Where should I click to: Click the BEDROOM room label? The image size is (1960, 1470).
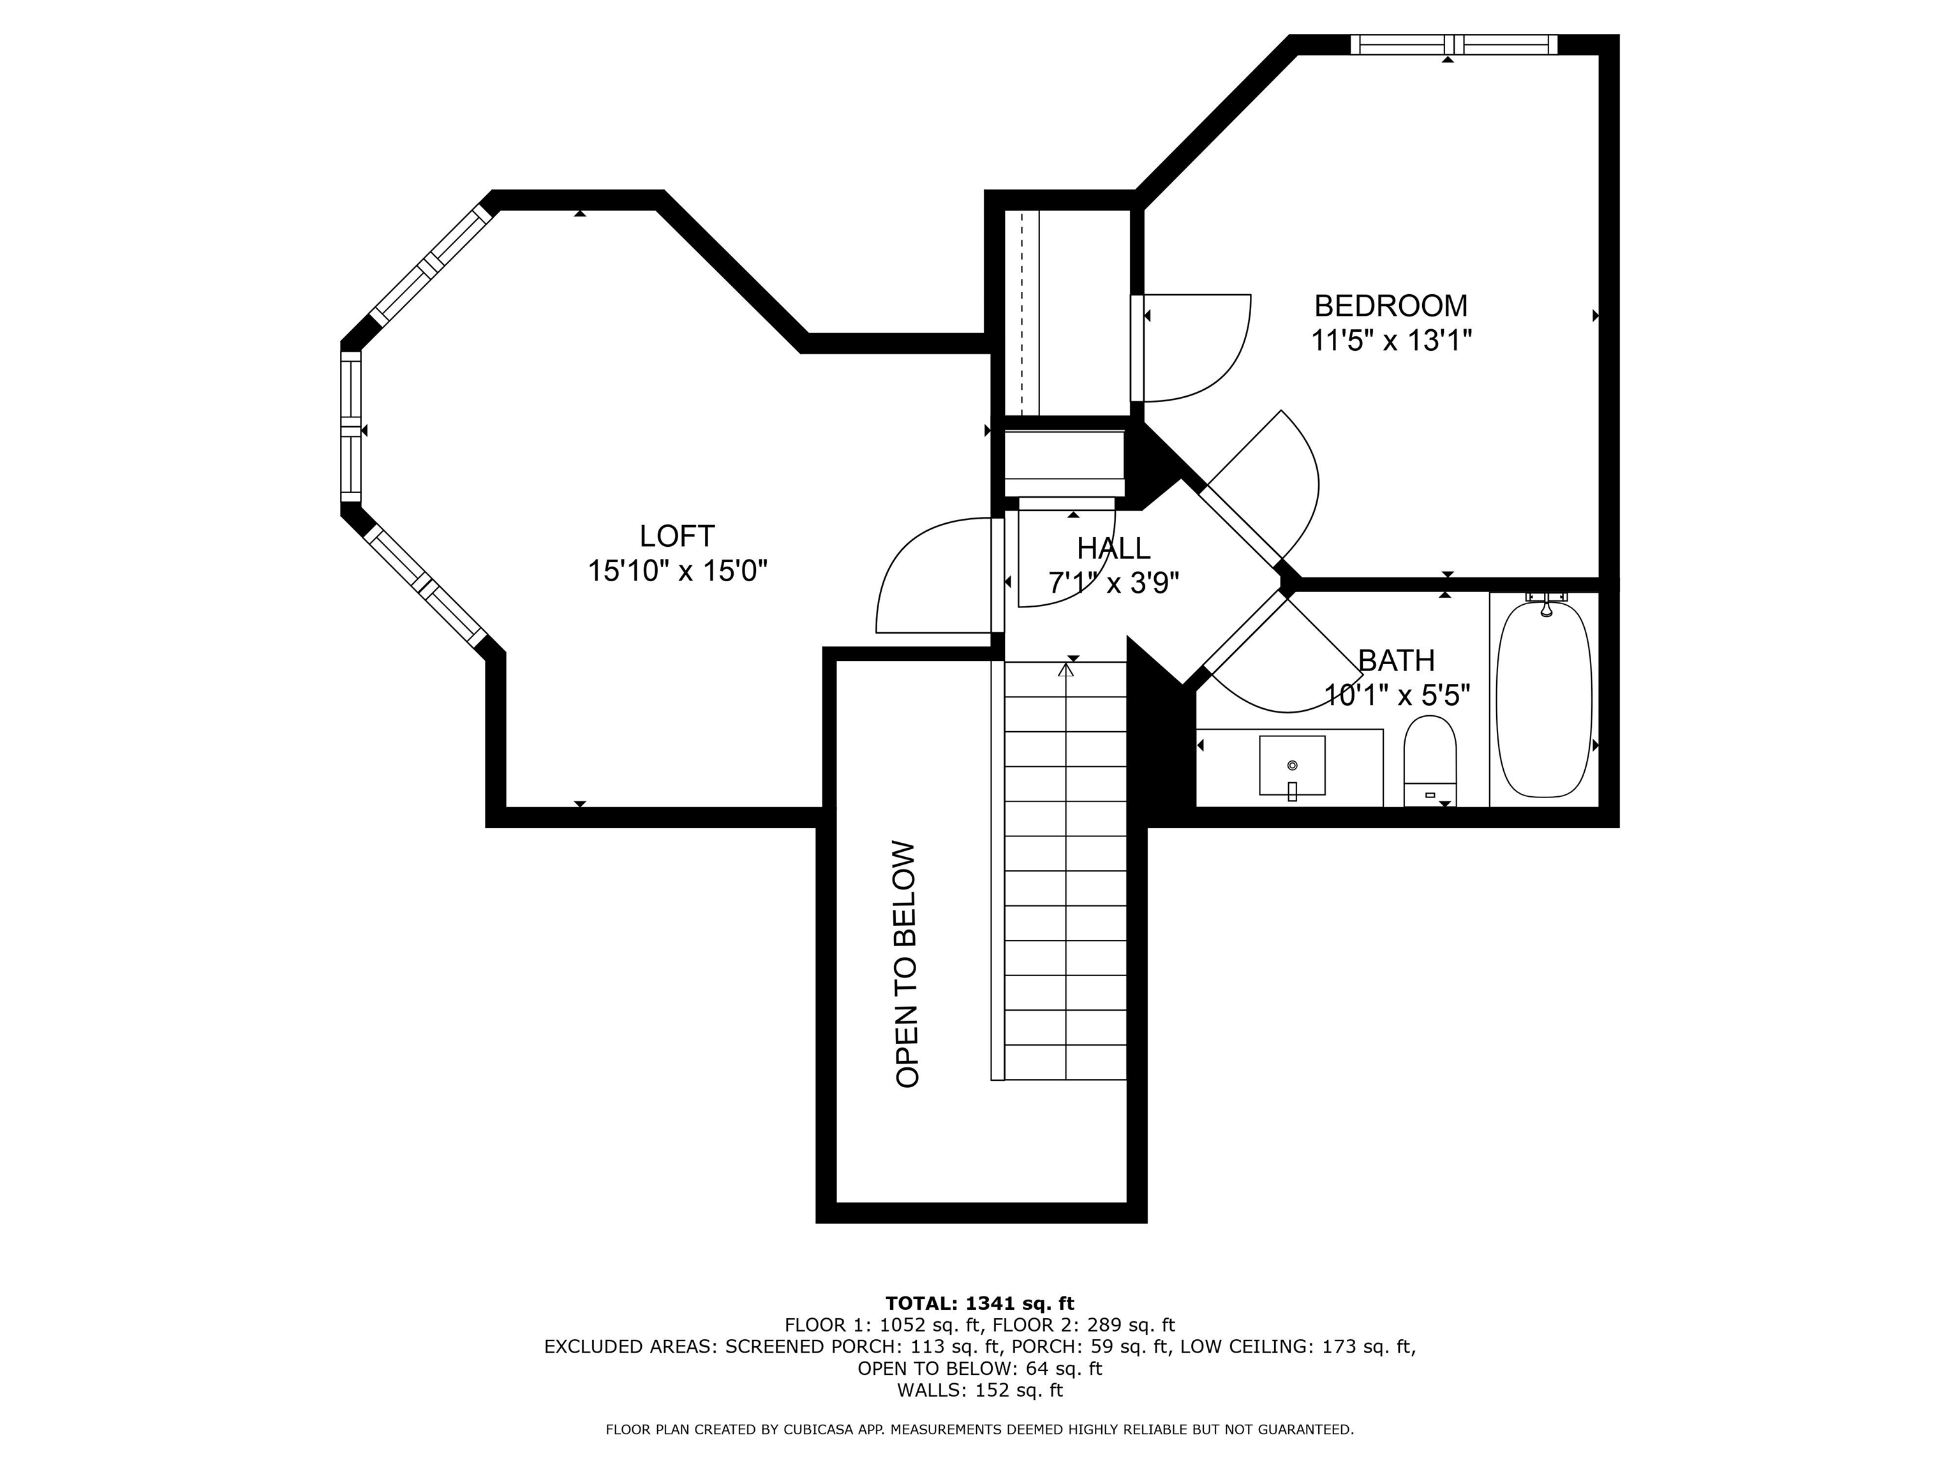tap(1390, 306)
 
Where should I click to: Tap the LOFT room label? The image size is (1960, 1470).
tap(677, 536)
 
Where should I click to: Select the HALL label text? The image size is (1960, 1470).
tap(1114, 549)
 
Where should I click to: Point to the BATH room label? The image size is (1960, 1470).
tap(1397, 660)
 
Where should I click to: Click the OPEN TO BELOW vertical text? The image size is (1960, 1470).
tap(907, 964)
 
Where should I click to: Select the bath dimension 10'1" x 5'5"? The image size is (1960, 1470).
tap(1397, 695)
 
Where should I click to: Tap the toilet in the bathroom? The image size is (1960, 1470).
tap(1430, 761)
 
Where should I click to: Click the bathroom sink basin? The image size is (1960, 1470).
tap(1292, 766)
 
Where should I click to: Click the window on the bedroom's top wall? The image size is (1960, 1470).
tap(1454, 44)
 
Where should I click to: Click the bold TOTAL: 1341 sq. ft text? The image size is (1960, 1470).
tap(980, 1303)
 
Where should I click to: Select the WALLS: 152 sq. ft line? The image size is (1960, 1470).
tap(980, 1390)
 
